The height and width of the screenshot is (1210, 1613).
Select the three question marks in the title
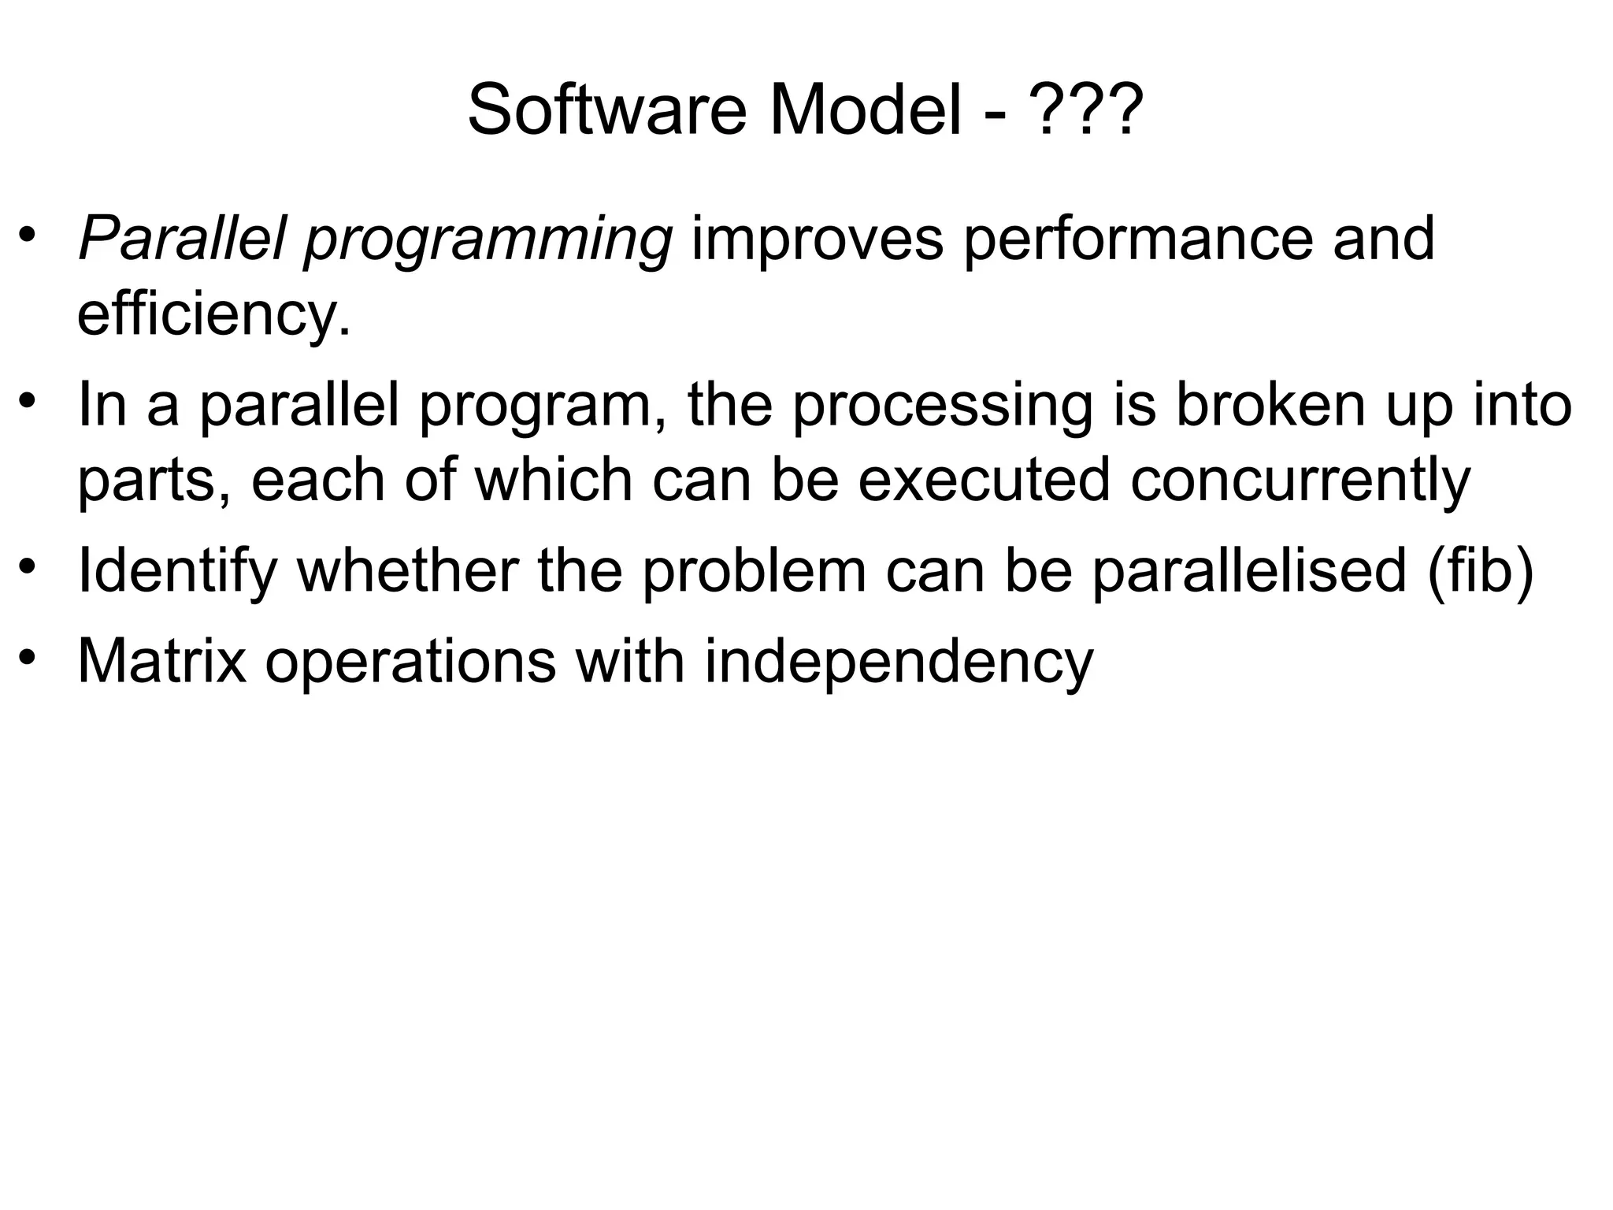[x=1087, y=110]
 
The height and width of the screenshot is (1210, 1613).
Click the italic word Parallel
[x=180, y=238]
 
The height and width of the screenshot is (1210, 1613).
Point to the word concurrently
[x=1300, y=481]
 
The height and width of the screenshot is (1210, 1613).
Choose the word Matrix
[x=161, y=661]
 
